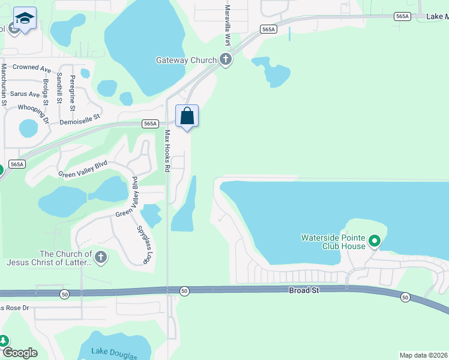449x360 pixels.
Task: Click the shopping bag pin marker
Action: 187,115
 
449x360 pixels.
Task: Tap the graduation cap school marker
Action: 25,20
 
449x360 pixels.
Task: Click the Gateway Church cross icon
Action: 226,59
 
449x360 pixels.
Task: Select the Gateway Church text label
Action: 185,60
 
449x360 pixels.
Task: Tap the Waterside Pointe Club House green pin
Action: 375,242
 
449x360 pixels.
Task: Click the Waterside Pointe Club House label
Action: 334,242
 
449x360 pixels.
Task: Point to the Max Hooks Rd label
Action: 168,151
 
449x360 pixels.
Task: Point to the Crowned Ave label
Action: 32,68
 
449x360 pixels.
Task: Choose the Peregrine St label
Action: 72,93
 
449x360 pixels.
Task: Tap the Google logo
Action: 20,353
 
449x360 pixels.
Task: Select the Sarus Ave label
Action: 25,94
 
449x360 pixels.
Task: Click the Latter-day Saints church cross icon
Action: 101,258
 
